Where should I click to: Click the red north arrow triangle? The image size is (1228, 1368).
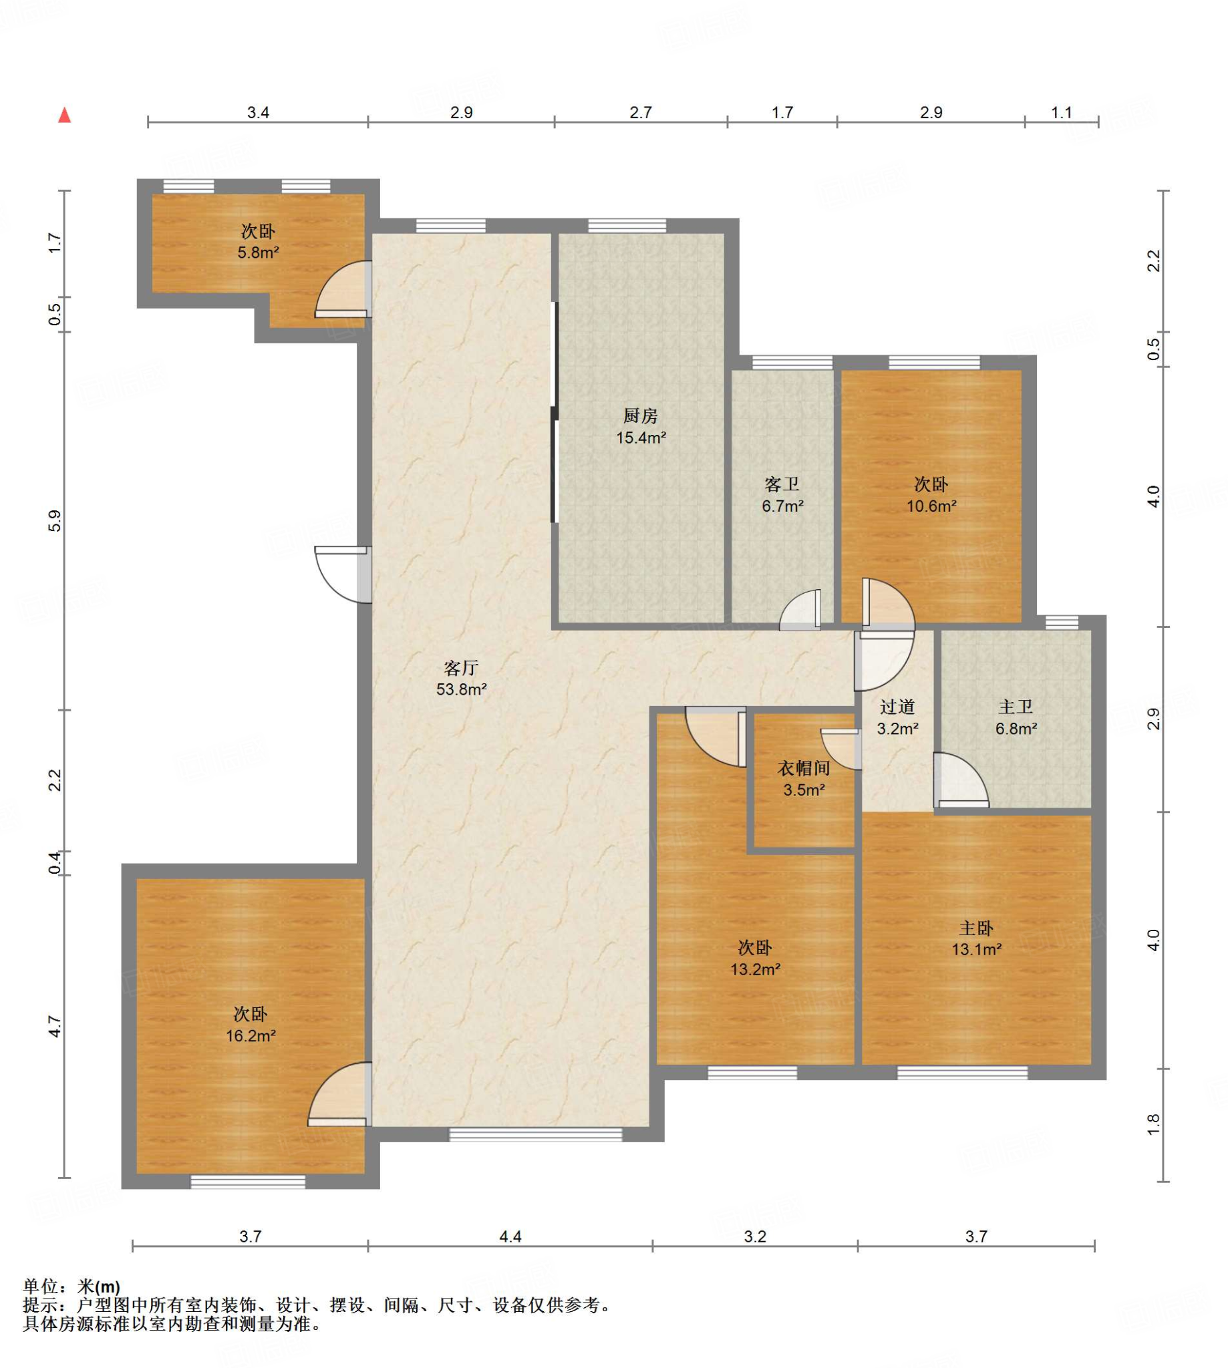[65, 116]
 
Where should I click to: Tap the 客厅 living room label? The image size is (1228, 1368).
[462, 668]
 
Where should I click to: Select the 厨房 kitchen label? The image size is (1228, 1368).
[640, 415]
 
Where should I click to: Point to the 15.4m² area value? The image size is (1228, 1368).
[640, 437]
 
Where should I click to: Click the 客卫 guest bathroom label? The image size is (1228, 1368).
[782, 484]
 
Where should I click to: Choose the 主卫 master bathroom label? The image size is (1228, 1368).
[1016, 707]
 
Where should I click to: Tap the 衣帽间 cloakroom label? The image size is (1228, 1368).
[804, 767]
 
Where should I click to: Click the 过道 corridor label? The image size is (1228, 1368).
[897, 707]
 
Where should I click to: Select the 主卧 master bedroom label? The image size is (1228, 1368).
[976, 928]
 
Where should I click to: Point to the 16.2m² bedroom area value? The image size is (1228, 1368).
[251, 1035]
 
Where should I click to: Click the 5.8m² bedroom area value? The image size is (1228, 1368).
[258, 253]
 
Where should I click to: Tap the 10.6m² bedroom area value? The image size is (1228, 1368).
[931, 505]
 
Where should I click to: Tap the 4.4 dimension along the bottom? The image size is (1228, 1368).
[510, 1236]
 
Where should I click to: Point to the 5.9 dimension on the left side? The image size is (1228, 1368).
[55, 521]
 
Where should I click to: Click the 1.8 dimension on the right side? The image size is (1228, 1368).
[1153, 1124]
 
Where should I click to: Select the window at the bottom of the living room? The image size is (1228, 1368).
[536, 1136]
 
